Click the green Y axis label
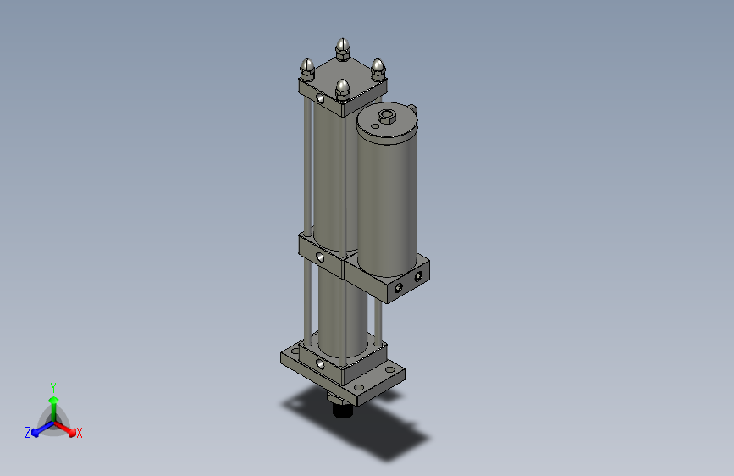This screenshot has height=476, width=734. pyautogui.click(x=52, y=385)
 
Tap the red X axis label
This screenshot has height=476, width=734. pyautogui.click(x=80, y=434)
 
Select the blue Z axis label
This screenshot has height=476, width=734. pyautogui.click(x=28, y=433)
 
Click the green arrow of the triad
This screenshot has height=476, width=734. pyautogui.click(x=53, y=401)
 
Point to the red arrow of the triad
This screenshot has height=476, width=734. pyautogui.click(x=68, y=427)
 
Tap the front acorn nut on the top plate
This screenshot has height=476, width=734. pyautogui.click(x=343, y=89)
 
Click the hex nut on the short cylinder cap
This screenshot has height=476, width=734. pyautogui.click(x=388, y=116)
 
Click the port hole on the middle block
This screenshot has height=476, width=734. pyautogui.click(x=320, y=256)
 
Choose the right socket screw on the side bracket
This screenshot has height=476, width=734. pyautogui.click(x=418, y=276)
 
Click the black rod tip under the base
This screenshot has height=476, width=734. pyautogui.click(x=342, y=412)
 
